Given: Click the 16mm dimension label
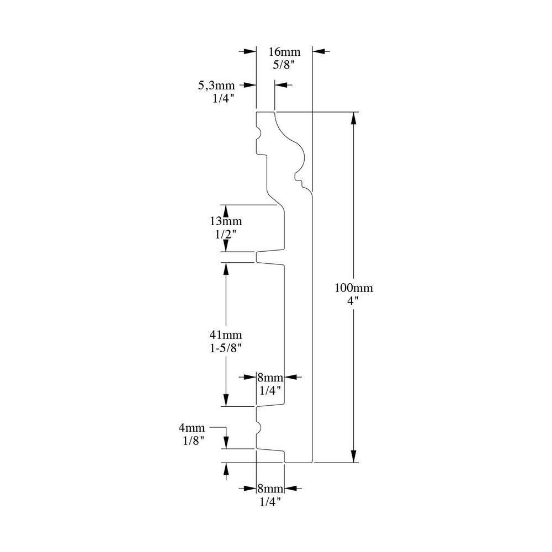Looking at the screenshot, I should pyautogui.click(x=284, y=52).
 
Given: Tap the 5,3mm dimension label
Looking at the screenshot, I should pyautogui.click(x=216, y=86).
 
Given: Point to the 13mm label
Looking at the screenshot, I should pyautogui.click(x=225, y=221).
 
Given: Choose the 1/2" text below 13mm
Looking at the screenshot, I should pyautogui.click(x=225, y=233).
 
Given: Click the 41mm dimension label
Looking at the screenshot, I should pyautogui.click(x=225, y=335).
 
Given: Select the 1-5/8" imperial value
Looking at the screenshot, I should pyautogui.click(x=225, y=348).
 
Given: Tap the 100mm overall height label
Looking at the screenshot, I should pyautogui.click(x=354, y=287).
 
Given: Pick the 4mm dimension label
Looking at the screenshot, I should pyautogui.click(x=192, y=428).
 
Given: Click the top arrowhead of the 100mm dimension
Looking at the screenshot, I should pyautogui.click(x=354, y=118).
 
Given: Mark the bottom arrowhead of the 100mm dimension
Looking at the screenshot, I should pyautogui.click(x=354, y=457).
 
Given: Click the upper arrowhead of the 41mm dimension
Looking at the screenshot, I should pyautogui.click(x=225, y=267).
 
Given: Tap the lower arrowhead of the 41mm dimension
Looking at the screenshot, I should pyautogui.click(x=225, y=401).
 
